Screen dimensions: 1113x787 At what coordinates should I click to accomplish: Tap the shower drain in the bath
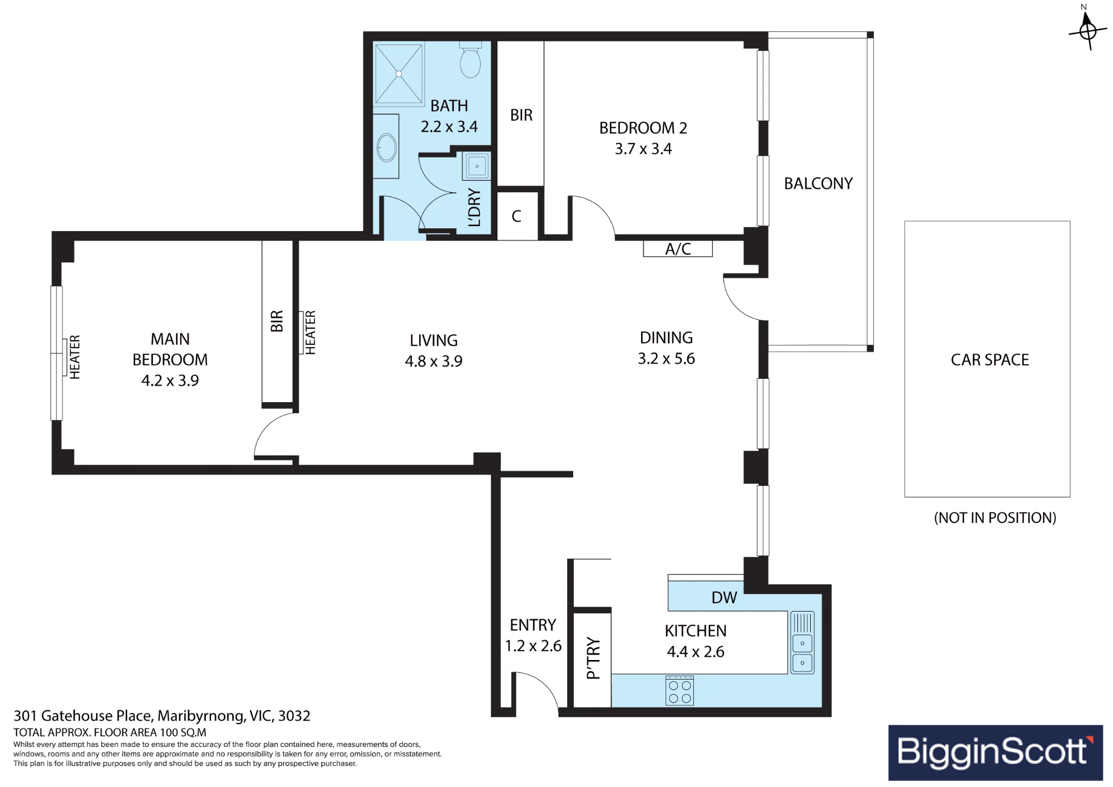click(x=399, y=74)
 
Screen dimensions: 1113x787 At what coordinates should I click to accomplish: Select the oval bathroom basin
click(x=387, y=148)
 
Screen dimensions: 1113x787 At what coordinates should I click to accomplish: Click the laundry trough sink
click(x=476, y=166)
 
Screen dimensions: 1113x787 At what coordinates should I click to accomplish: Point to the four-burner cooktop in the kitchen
click(x=680, y=691)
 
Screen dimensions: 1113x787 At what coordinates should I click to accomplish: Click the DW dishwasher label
click(x=724, y=598)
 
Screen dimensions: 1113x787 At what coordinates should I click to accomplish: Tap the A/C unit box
click(x=678, y=248)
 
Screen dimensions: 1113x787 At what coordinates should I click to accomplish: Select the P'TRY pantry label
click(x=593, y=658)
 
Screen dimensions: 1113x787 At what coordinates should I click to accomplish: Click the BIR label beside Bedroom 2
click(x=521, y=115)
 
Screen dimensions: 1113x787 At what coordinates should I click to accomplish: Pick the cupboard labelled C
click(x=517, y=216)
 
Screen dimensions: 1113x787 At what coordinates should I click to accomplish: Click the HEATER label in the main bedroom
click(x=75, y=357)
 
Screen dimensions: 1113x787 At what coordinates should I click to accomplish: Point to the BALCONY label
click(x=819, y=183)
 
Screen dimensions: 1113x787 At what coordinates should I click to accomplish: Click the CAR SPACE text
click(x=990, y=360)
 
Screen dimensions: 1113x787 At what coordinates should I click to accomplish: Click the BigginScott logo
click(x=996, y=752)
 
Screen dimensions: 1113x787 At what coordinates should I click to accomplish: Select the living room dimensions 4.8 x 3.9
click(x=434, y=361)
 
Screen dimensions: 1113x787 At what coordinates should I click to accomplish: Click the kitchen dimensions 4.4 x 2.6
click(x=696, y=652)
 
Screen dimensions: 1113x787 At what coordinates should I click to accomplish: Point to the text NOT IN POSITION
click(x=995, y=518)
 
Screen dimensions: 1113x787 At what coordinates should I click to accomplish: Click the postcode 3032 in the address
click(x=294, y=716)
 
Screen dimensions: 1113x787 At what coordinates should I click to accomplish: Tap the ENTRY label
click(x=533, y=625)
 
